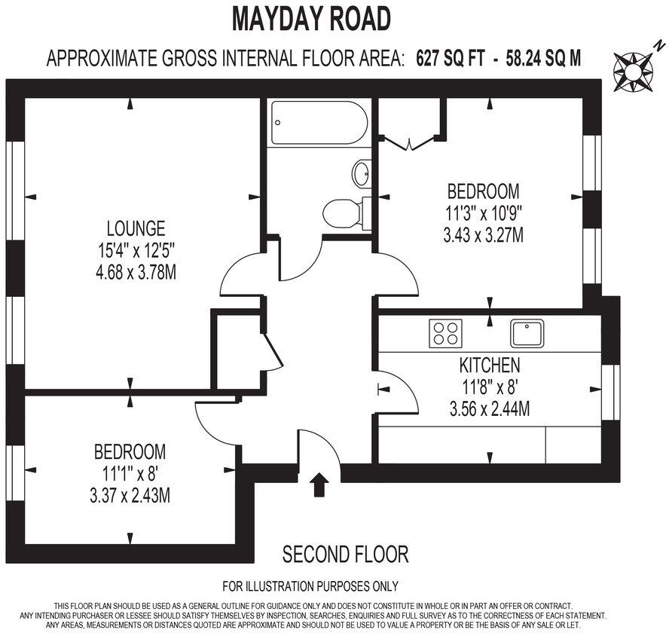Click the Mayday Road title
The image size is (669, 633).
[x=312, y=18]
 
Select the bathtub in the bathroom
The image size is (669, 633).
[x=319, y=123]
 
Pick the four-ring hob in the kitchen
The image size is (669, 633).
[x=445, y=333]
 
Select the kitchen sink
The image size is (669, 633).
[x=527, y=332]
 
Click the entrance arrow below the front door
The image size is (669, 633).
[x=319, y=485]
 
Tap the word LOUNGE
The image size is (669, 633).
[x=136, y=228]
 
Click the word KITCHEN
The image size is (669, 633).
[x=490, y=366]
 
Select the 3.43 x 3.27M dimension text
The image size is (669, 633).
[x=483, y=235]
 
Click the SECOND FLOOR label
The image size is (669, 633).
[x=345, y=555]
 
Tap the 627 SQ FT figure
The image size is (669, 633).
[x=451, y=58]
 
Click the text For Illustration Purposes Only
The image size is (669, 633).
[x=310, y=586]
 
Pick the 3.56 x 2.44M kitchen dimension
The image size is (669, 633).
[x=490, y=410]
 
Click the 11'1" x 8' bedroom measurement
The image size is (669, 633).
[x=130, y=474]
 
